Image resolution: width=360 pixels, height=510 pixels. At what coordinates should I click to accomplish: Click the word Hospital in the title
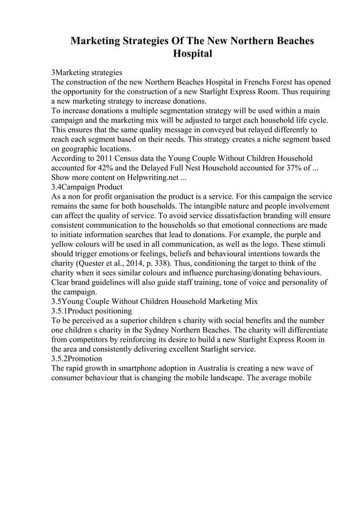192,54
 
